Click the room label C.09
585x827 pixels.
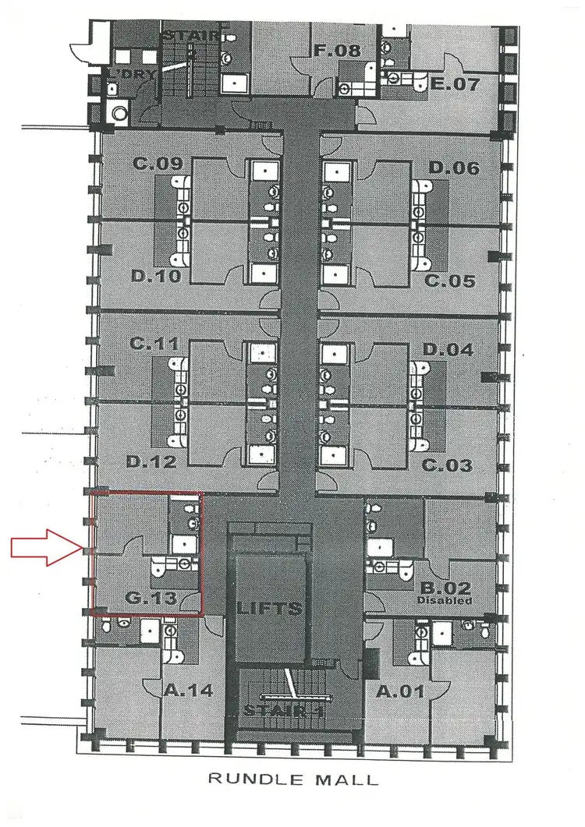[158, 164]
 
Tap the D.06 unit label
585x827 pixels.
[453, 168]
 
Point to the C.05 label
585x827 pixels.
[449, 281]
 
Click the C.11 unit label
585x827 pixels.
[156, 344]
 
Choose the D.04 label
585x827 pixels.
[448, 350]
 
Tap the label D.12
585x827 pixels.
[151, 462]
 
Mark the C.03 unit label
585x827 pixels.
[447, 466]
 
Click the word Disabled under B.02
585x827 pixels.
[445, 601]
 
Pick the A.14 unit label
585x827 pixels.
[189, 690]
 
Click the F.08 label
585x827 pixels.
[337, 51]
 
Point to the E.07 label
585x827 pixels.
[455, 83]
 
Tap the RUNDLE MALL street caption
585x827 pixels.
[292, 778]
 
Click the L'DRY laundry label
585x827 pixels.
[133, 73]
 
